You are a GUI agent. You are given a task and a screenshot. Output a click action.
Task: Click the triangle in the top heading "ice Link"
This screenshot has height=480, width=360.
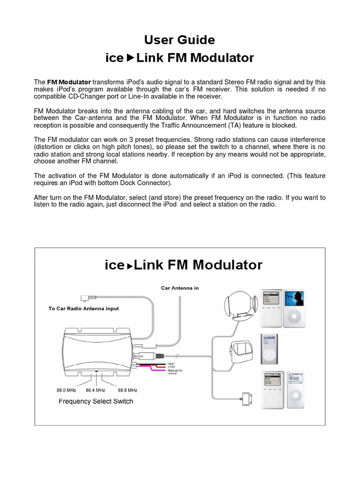(x=130, y=58)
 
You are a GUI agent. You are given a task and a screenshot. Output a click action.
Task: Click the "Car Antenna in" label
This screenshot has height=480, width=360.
(x=180, y=288)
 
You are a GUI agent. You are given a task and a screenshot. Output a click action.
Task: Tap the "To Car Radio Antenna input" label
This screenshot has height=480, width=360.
(x=83, y=308)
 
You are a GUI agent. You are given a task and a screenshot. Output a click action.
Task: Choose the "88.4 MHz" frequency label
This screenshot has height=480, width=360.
(x=96, y=390)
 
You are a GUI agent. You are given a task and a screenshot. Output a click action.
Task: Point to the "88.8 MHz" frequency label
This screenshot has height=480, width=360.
(x=127, y=390)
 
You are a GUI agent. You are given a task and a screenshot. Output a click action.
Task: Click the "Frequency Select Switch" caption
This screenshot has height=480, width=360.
(x=96, y=401)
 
